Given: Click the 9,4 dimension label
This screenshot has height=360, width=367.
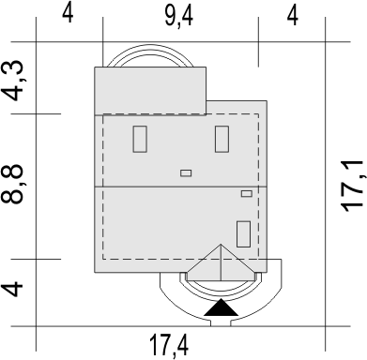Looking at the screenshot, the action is (x=178, y=16).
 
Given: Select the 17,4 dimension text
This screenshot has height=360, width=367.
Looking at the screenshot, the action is (x=169, y=345).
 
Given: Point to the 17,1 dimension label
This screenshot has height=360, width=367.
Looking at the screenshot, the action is (x=353, y=187).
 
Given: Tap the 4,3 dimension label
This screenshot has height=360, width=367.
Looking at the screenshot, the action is (x=13, y=81).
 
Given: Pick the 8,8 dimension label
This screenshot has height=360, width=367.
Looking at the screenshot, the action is (x=12, y=184).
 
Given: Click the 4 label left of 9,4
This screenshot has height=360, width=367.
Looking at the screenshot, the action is (x=68, y=14).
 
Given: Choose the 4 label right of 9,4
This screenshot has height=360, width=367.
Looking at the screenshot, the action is (x=292, y=16).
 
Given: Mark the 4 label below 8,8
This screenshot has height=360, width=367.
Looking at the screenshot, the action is (x=13, y=289).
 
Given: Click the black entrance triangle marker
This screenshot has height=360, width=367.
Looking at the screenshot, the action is (x=221, y=307).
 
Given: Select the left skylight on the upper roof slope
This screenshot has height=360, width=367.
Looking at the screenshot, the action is (x=140, y=139).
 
